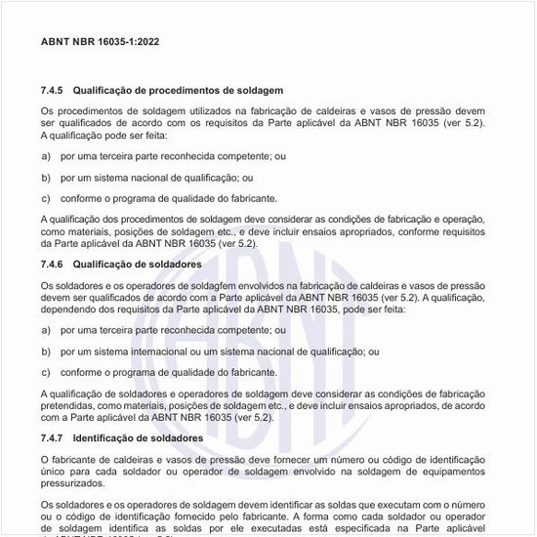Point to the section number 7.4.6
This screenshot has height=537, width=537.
coord(53,265)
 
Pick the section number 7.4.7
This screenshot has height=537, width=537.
coord(53,438)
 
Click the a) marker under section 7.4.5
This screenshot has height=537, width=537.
coord(46,156)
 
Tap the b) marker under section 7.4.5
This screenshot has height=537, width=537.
coord(46,177)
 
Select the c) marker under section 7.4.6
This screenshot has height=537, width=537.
coord(46,372)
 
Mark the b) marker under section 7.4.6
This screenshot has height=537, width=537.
coord(46,351)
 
